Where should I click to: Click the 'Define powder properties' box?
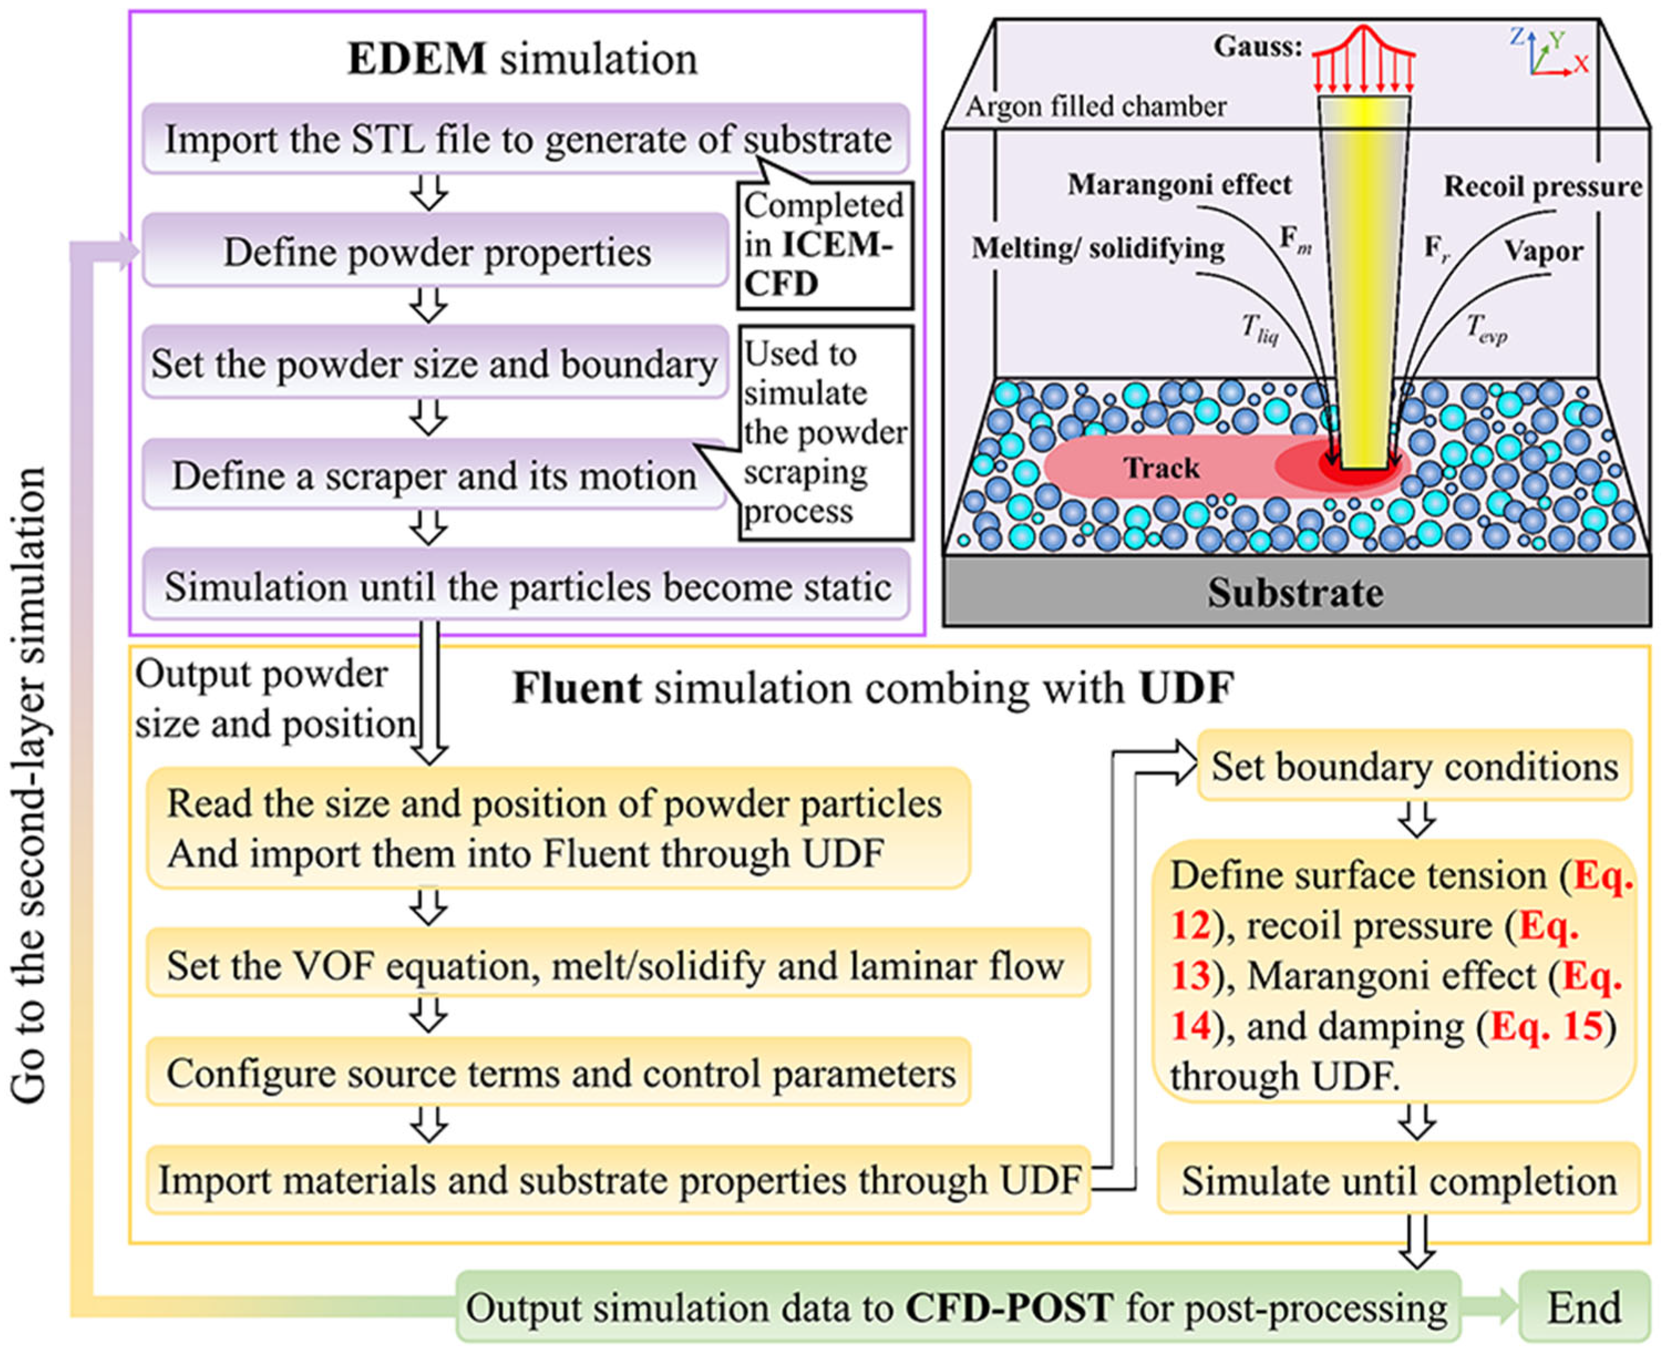(436, 251)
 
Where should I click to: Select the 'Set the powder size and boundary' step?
(436, 363)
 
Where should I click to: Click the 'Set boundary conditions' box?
(1415, 766)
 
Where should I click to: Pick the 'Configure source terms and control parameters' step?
(559, 1072)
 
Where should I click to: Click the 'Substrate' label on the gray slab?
(1296, 592)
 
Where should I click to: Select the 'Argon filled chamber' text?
(1096, 106)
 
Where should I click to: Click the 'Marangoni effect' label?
(1180, 184)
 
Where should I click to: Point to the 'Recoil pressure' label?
(1542, 186)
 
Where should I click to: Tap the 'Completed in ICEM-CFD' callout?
(825, 245)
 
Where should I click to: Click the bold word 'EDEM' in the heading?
(417, 59)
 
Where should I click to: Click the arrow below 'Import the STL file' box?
(429, 192)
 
